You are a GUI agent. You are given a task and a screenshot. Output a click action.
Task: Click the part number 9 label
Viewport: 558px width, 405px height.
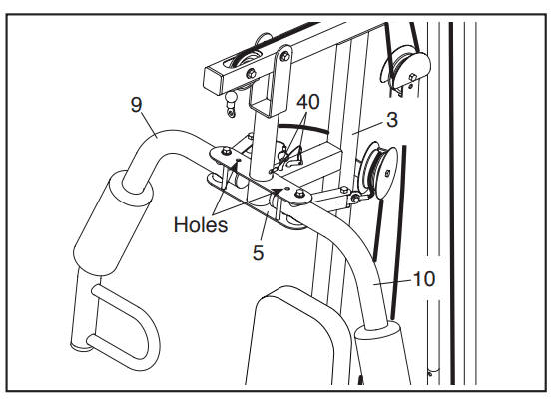pyautogui.click(x=137, y=105)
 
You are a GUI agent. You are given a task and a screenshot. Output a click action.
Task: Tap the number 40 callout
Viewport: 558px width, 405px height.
pyautogui.click(x=308, y=102)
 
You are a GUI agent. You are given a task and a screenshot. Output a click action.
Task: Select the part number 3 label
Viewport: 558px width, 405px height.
pyautogui.click(x=392, y=120)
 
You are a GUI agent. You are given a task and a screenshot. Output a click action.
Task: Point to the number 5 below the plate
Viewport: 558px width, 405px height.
pyautogui.click(x=258, y=253)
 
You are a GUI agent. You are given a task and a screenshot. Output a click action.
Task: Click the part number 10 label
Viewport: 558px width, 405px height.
pyautogui.click(x=424, y=279)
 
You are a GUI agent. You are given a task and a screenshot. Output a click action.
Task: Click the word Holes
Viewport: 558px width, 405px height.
pyautogui.click(x=201, y=225)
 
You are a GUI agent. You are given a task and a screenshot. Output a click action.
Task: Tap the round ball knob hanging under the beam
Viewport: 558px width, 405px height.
pyautogui.click(x=232, y=98)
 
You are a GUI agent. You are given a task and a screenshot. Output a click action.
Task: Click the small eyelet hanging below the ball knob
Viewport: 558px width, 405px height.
pyautogui.click(x=232, y=113)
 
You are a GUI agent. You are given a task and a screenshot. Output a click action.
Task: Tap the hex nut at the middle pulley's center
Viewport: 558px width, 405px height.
pyautogui.click(x=387, y=174)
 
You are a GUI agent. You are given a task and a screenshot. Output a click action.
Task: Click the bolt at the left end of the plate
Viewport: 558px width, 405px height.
pyautogui.click(x=225, y=152)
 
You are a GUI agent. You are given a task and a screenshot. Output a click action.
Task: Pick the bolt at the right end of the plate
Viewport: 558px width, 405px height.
pyautogui.click(x=299, y=194)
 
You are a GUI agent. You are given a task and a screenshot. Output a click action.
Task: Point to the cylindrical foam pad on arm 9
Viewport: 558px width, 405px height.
pyautogui.click(x=113, y=223)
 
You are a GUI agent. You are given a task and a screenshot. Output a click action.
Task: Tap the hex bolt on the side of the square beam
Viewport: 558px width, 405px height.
pyautogui.click(x=252, y=74)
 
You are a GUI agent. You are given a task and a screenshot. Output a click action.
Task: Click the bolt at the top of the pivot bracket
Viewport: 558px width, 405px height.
pyautogui.click(x=284, y=56)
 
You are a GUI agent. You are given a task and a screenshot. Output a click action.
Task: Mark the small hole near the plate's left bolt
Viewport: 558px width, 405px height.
pyautogui.click(x=239, y=161)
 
